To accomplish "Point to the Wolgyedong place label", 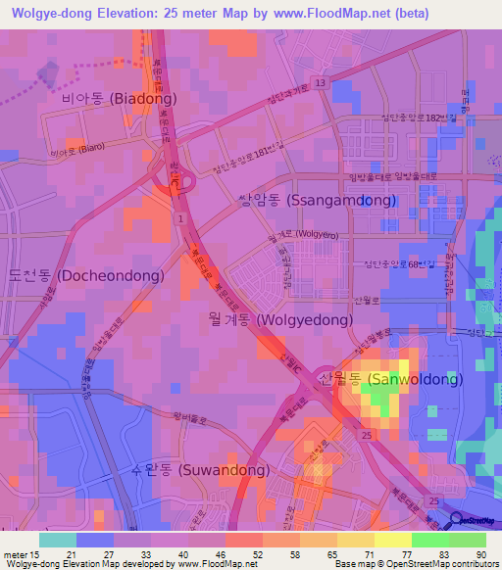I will click(x=278, y=320).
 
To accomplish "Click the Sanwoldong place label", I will click(x=389, y=379).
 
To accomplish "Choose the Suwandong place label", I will click(x=200, y=469).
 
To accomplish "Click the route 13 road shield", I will click(x=320, y=82).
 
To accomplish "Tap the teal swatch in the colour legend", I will click(x=57, y=540).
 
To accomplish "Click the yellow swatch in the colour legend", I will click(x=392, y=540).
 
